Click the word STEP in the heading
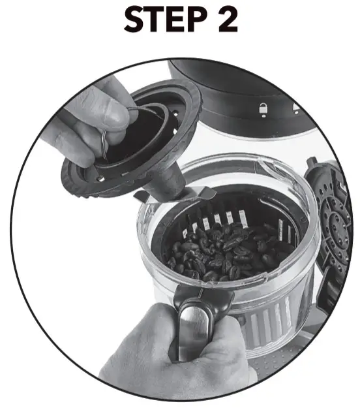[159, 21]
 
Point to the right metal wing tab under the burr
[203, 193]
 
